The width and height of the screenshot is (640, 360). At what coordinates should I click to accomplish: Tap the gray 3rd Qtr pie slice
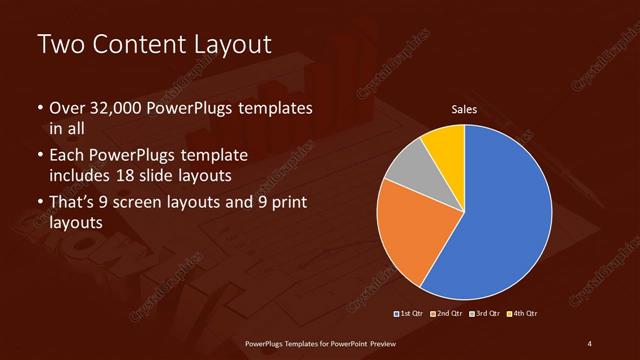(x=407, y=170)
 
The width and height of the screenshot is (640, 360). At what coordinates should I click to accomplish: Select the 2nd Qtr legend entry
(x=447, y=314)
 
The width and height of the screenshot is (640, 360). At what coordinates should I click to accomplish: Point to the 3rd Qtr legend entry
(x=486, y=314)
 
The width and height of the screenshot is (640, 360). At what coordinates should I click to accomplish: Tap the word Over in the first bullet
(x=67, y=108)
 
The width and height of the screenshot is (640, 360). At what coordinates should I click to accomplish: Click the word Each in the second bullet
(x=67, y=157)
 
